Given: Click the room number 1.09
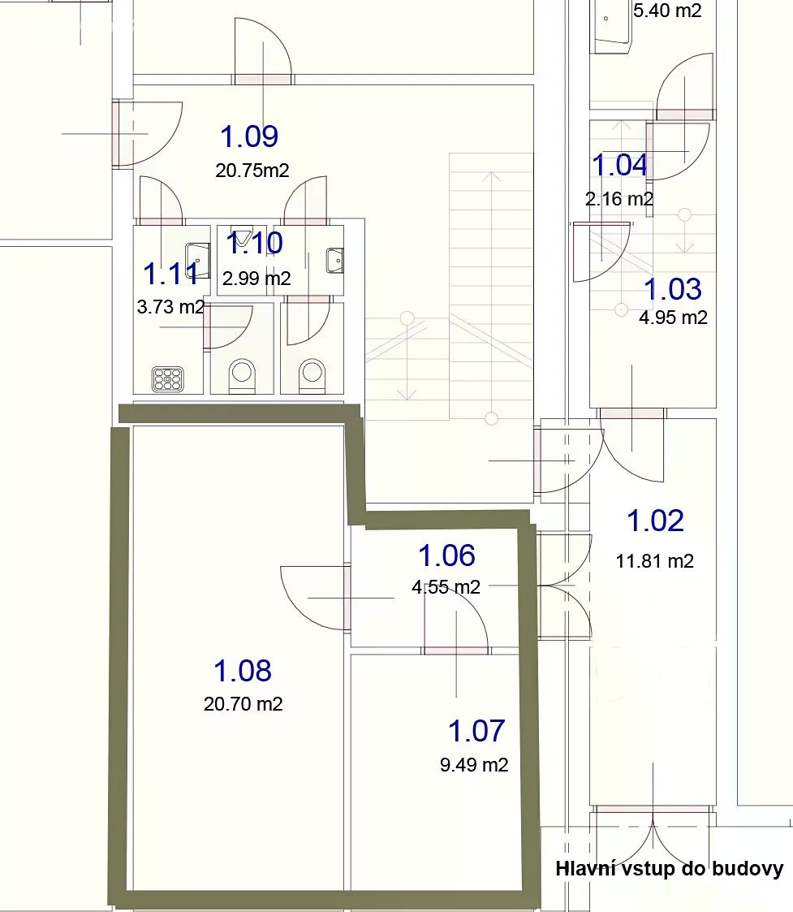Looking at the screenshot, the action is tap(249, 136).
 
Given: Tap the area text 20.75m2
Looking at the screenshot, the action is tap(252, 171).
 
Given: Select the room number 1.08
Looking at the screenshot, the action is tap(243, 671).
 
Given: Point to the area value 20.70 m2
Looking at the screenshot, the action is tap(243, 704).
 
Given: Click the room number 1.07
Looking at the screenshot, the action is tap(476, 731).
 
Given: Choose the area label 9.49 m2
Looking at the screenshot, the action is tap(474, 765).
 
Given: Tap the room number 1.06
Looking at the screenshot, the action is tap(447, 555).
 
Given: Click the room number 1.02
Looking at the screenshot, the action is tap(655, 521).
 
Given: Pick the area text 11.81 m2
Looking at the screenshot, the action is tap(655, 561).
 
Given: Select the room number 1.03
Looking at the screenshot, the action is tap(673, 289).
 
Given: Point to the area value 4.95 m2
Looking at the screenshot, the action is tap(673, 318).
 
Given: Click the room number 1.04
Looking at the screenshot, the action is tap(620, 165).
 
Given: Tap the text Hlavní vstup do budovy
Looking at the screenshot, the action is tap(670, 869).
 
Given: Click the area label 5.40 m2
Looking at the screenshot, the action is tap(667, 11).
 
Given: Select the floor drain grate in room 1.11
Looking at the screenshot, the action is tap(168, 378).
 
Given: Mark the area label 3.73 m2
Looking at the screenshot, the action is tap(171, 306).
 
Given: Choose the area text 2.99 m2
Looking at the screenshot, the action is tap(256, 279).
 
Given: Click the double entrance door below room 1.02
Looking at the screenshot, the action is tap(653, 837).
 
